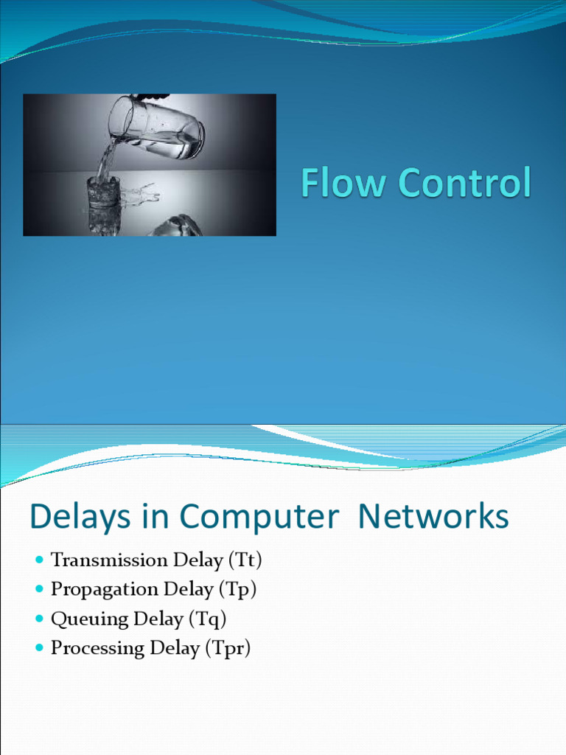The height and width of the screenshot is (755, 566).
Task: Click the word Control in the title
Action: click(x=465, y=182)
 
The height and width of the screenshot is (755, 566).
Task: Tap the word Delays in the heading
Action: click(x=80, y=517)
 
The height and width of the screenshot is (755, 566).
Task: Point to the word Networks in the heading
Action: click(x=433, y=515)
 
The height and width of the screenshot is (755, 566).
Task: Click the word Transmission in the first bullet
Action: click(x=109, y=560)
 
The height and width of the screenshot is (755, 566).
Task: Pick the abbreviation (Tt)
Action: click(x=245, y=560)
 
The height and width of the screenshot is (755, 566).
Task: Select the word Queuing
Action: click(x=89, y=619)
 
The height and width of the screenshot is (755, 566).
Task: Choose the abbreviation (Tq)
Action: click(x=207, y=619)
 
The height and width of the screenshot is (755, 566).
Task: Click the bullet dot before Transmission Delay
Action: click(x=40, y=560)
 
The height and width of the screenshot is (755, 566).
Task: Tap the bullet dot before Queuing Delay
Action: click(x=40, y=619)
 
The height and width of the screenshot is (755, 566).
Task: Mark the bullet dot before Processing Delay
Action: click(x=40, y=647)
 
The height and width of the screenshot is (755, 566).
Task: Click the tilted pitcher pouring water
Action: click(x=156, y=128)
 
